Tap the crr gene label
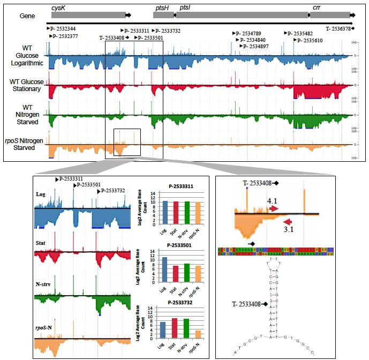click(x=317, y=8)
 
